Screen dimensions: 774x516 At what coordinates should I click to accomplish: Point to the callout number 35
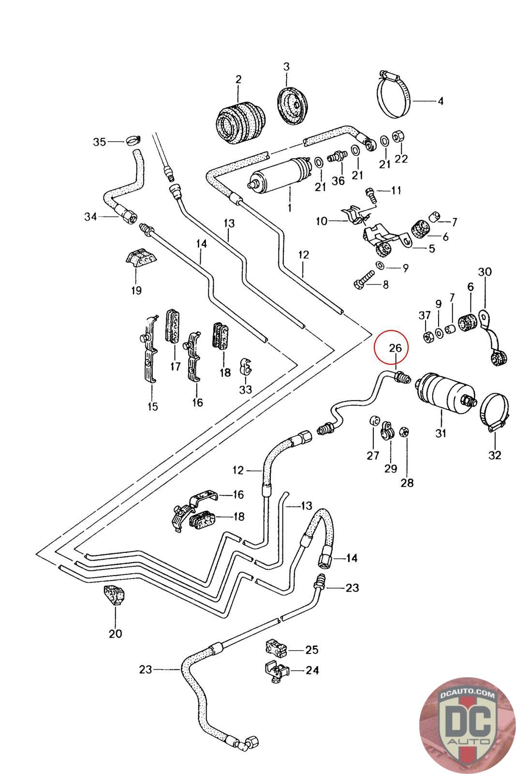coord(99,142)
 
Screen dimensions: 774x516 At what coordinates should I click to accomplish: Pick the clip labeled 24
coord(276,671)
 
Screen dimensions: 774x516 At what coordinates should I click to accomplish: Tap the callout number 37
coord(425,315)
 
